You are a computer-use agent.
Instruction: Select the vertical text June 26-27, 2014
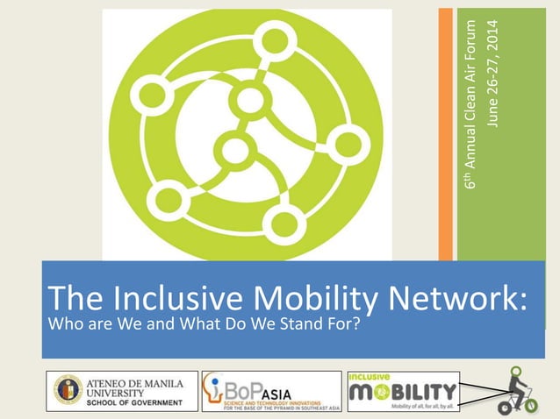493,71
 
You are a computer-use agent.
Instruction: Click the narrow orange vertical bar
446,131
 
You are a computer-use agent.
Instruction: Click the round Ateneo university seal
68,390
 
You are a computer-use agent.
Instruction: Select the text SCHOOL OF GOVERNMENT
135,403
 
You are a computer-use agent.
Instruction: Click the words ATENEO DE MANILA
135,381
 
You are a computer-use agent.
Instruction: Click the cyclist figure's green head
517,372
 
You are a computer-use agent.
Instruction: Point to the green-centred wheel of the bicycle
528,405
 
